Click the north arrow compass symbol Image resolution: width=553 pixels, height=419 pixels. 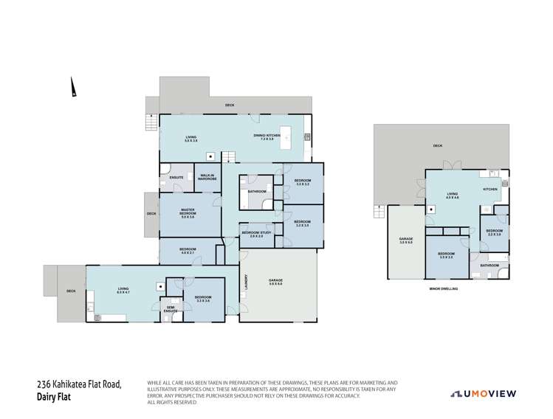(73, 90)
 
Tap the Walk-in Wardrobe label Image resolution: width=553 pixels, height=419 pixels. (207, 176)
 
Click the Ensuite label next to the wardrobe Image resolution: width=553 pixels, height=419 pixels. (176, 177)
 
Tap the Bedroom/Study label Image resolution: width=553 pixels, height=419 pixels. (256, 235)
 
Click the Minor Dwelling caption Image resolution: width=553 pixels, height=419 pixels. (443, 288)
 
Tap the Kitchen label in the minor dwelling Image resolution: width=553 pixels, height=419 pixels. (490, 190)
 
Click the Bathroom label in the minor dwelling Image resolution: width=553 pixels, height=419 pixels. (490, 265)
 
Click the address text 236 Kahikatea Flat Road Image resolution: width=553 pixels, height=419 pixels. (79, 384)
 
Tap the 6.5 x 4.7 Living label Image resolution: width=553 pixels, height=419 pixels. (123, 291)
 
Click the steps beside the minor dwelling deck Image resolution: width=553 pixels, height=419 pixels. (379, 212)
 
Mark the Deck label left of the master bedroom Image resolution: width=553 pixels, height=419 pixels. (151, 214)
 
